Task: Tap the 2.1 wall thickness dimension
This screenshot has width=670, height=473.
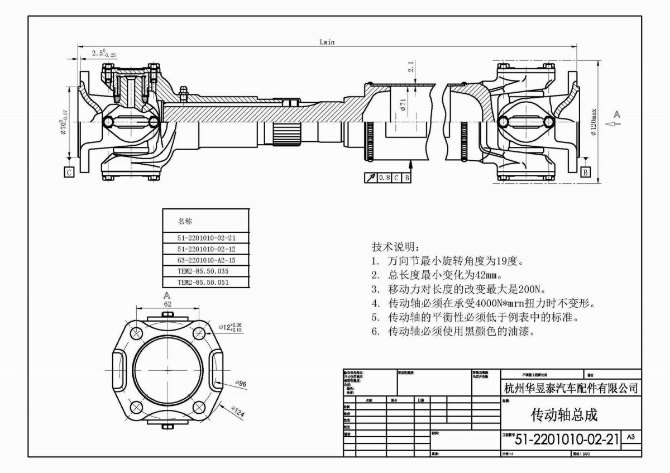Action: click(410, 68)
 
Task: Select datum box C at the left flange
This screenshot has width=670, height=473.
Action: click(69, 173)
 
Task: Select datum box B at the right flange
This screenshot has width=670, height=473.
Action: click(585, 173)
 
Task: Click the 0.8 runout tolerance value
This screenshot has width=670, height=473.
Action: click(384, 178)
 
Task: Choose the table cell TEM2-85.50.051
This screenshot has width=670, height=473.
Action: click(203, 282)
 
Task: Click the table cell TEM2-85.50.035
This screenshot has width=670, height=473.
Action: click(203, 271)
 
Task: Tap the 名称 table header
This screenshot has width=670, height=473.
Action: click(184, 220)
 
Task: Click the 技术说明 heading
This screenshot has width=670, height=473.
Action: click(394, 247)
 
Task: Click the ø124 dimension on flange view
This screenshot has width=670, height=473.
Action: click(238, 412)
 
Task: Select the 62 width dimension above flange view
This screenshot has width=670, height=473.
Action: click(167, 304)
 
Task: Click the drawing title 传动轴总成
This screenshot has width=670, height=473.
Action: click(564, 415)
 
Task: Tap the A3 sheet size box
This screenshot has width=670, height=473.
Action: click(631, 436)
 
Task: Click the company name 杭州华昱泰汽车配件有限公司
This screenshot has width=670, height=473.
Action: click(570, 388)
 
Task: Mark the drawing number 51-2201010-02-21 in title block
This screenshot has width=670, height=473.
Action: click(567, 439)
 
